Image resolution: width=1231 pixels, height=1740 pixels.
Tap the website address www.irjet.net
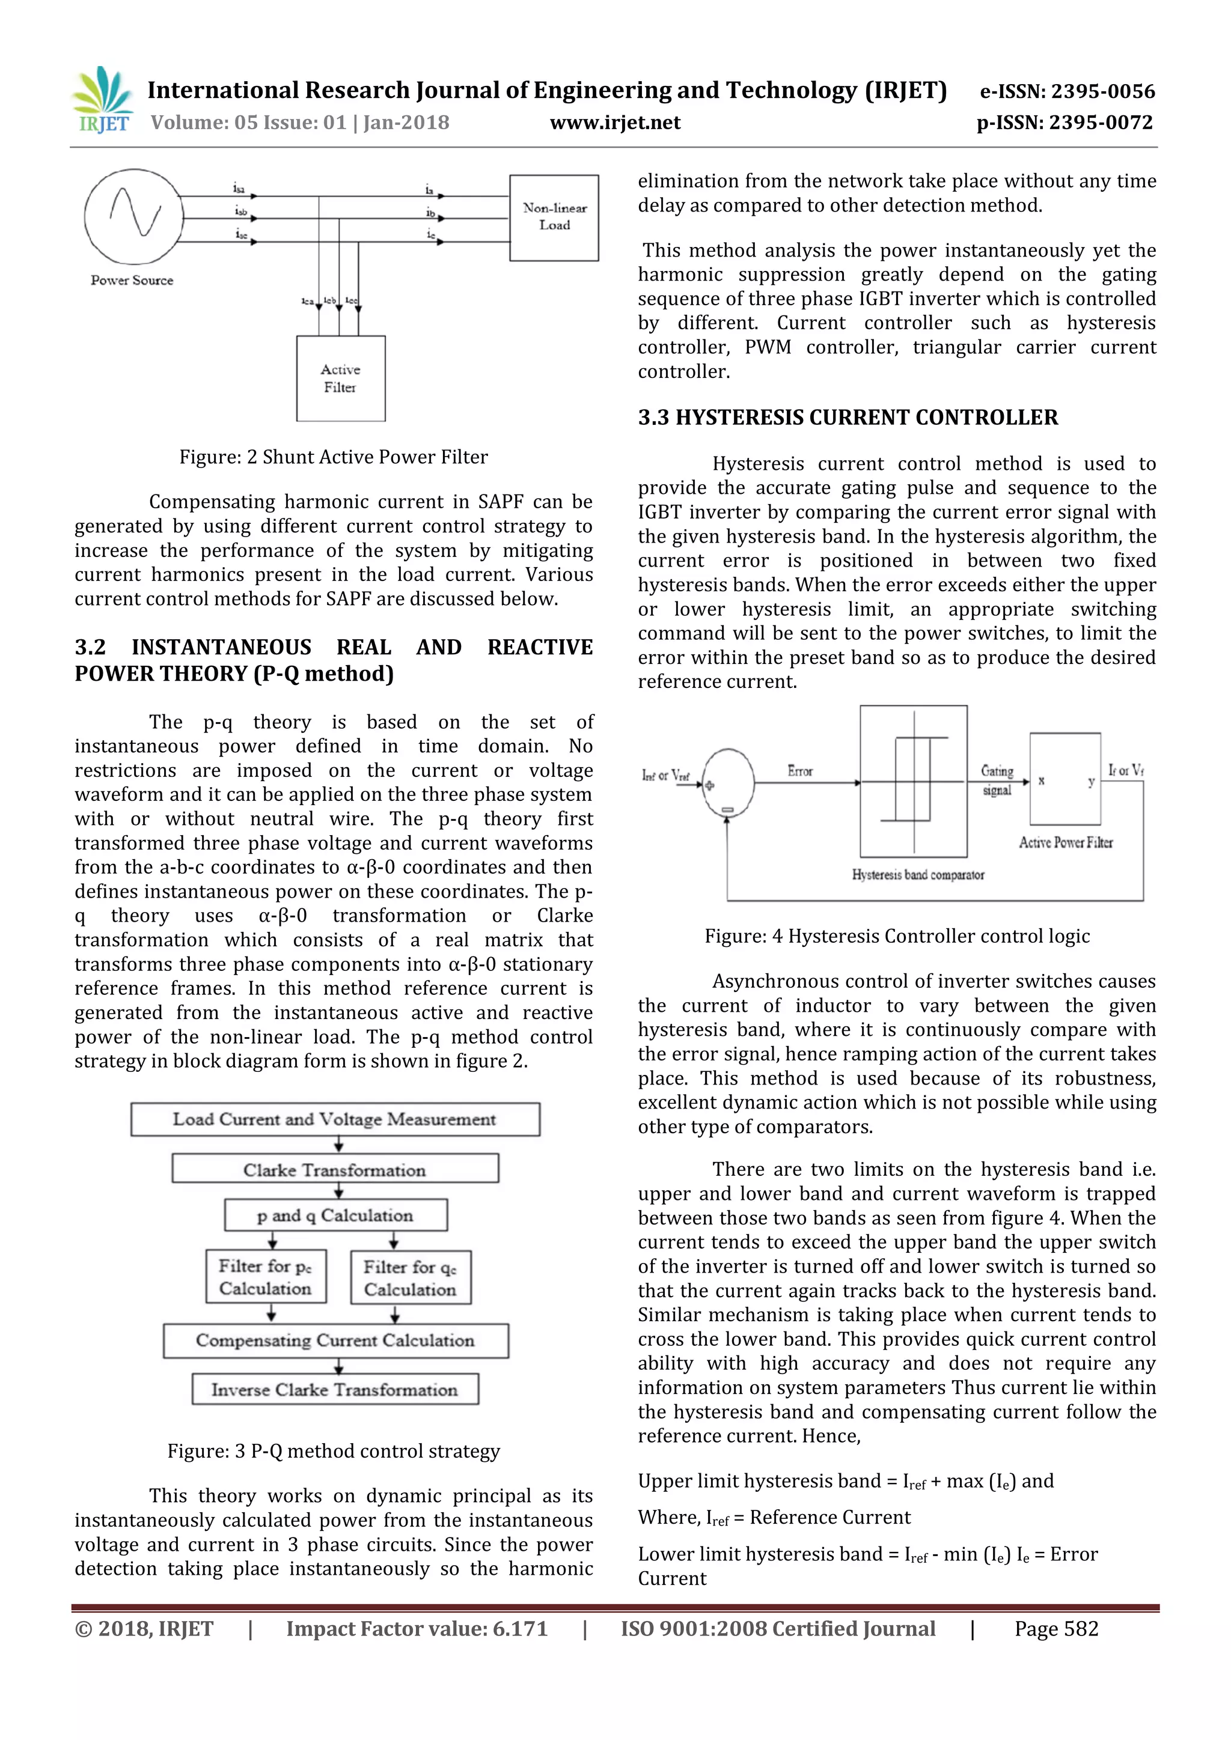(615, 123)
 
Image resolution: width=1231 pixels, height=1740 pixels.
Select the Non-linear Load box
(554, 218)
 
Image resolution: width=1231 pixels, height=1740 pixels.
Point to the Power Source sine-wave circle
(133, 217)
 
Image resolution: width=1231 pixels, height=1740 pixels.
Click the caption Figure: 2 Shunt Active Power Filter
(333, 457)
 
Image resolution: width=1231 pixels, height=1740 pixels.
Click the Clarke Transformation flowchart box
(334, 1169)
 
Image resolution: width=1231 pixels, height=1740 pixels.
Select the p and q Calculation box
(335, 1215)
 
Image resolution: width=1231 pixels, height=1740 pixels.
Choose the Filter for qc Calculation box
(410, 1278)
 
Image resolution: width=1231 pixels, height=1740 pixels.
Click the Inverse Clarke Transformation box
(334, 1390)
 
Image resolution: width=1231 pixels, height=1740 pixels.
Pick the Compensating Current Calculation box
(335, 1340)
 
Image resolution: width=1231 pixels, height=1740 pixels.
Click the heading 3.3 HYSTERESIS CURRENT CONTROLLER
(847, 418)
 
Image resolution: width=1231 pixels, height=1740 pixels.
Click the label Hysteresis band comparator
(917, 875)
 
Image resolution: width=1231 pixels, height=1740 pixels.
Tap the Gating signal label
(997, 780)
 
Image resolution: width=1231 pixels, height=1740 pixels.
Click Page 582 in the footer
(1056, 1629)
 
